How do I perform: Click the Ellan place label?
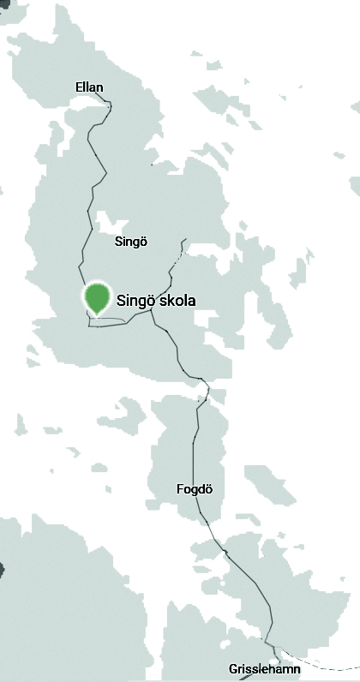coord(89,87)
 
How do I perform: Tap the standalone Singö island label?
coord(131,242)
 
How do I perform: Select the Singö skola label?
coord(156,301)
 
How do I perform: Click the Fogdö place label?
coord(194,489)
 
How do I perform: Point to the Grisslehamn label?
coord(265,668)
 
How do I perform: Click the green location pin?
coord(99,296)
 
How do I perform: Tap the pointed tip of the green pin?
coord(99,315)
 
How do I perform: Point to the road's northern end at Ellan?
coord(110,102)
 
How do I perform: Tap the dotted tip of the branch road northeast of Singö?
coord(183,241)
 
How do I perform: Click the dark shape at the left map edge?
coord(2,567)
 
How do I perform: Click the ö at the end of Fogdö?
coord(207,489)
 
